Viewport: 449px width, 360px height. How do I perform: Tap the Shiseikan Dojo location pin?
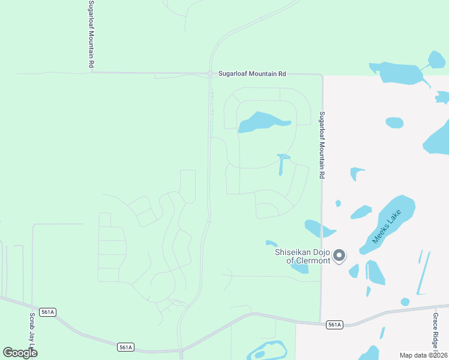point(339,256)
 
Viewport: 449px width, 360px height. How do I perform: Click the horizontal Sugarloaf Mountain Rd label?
point(252,73)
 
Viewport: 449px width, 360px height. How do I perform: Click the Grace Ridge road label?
point(436,333)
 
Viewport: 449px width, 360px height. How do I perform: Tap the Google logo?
point(20,352)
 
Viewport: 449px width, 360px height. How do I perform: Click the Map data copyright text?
point(423,355)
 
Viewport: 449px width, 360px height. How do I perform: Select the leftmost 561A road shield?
point(48,312)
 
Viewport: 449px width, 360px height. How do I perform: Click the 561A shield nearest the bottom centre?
point(125,347)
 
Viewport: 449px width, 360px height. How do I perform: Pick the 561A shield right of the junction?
point(334,325)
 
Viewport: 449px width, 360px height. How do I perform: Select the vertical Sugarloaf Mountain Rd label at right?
point(322,145)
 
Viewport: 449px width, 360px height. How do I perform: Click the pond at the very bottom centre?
point(267,350)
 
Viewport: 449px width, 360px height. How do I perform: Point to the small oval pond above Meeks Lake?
point(394,122)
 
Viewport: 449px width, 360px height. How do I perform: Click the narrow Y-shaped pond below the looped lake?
point(282,163)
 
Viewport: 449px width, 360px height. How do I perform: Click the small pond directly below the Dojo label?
point(300,268)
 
